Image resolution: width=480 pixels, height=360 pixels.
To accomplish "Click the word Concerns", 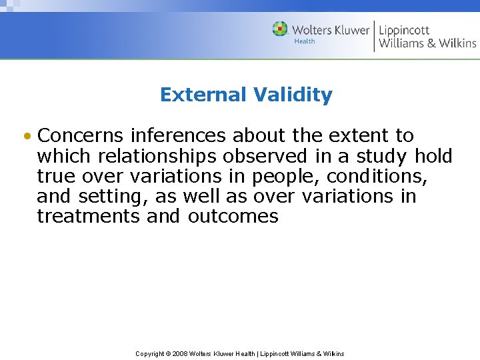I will [81, 135].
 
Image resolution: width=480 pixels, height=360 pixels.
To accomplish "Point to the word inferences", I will [178, 135].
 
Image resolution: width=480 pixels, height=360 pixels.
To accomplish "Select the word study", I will [381, 157].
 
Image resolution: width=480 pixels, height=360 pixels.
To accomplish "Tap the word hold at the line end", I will [433, 156].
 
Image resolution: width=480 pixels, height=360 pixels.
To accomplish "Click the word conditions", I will [377, 176].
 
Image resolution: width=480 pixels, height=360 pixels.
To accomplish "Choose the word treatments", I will [88, 216].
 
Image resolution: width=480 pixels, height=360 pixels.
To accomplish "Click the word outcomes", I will [233, 216].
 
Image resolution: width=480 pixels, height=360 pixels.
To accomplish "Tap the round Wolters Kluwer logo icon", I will [280, 29].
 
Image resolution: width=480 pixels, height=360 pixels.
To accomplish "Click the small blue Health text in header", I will [304, 41].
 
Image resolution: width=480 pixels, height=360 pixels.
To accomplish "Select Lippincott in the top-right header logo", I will [405, 29].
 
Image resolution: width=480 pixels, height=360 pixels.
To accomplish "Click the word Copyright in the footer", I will [150, 353].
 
